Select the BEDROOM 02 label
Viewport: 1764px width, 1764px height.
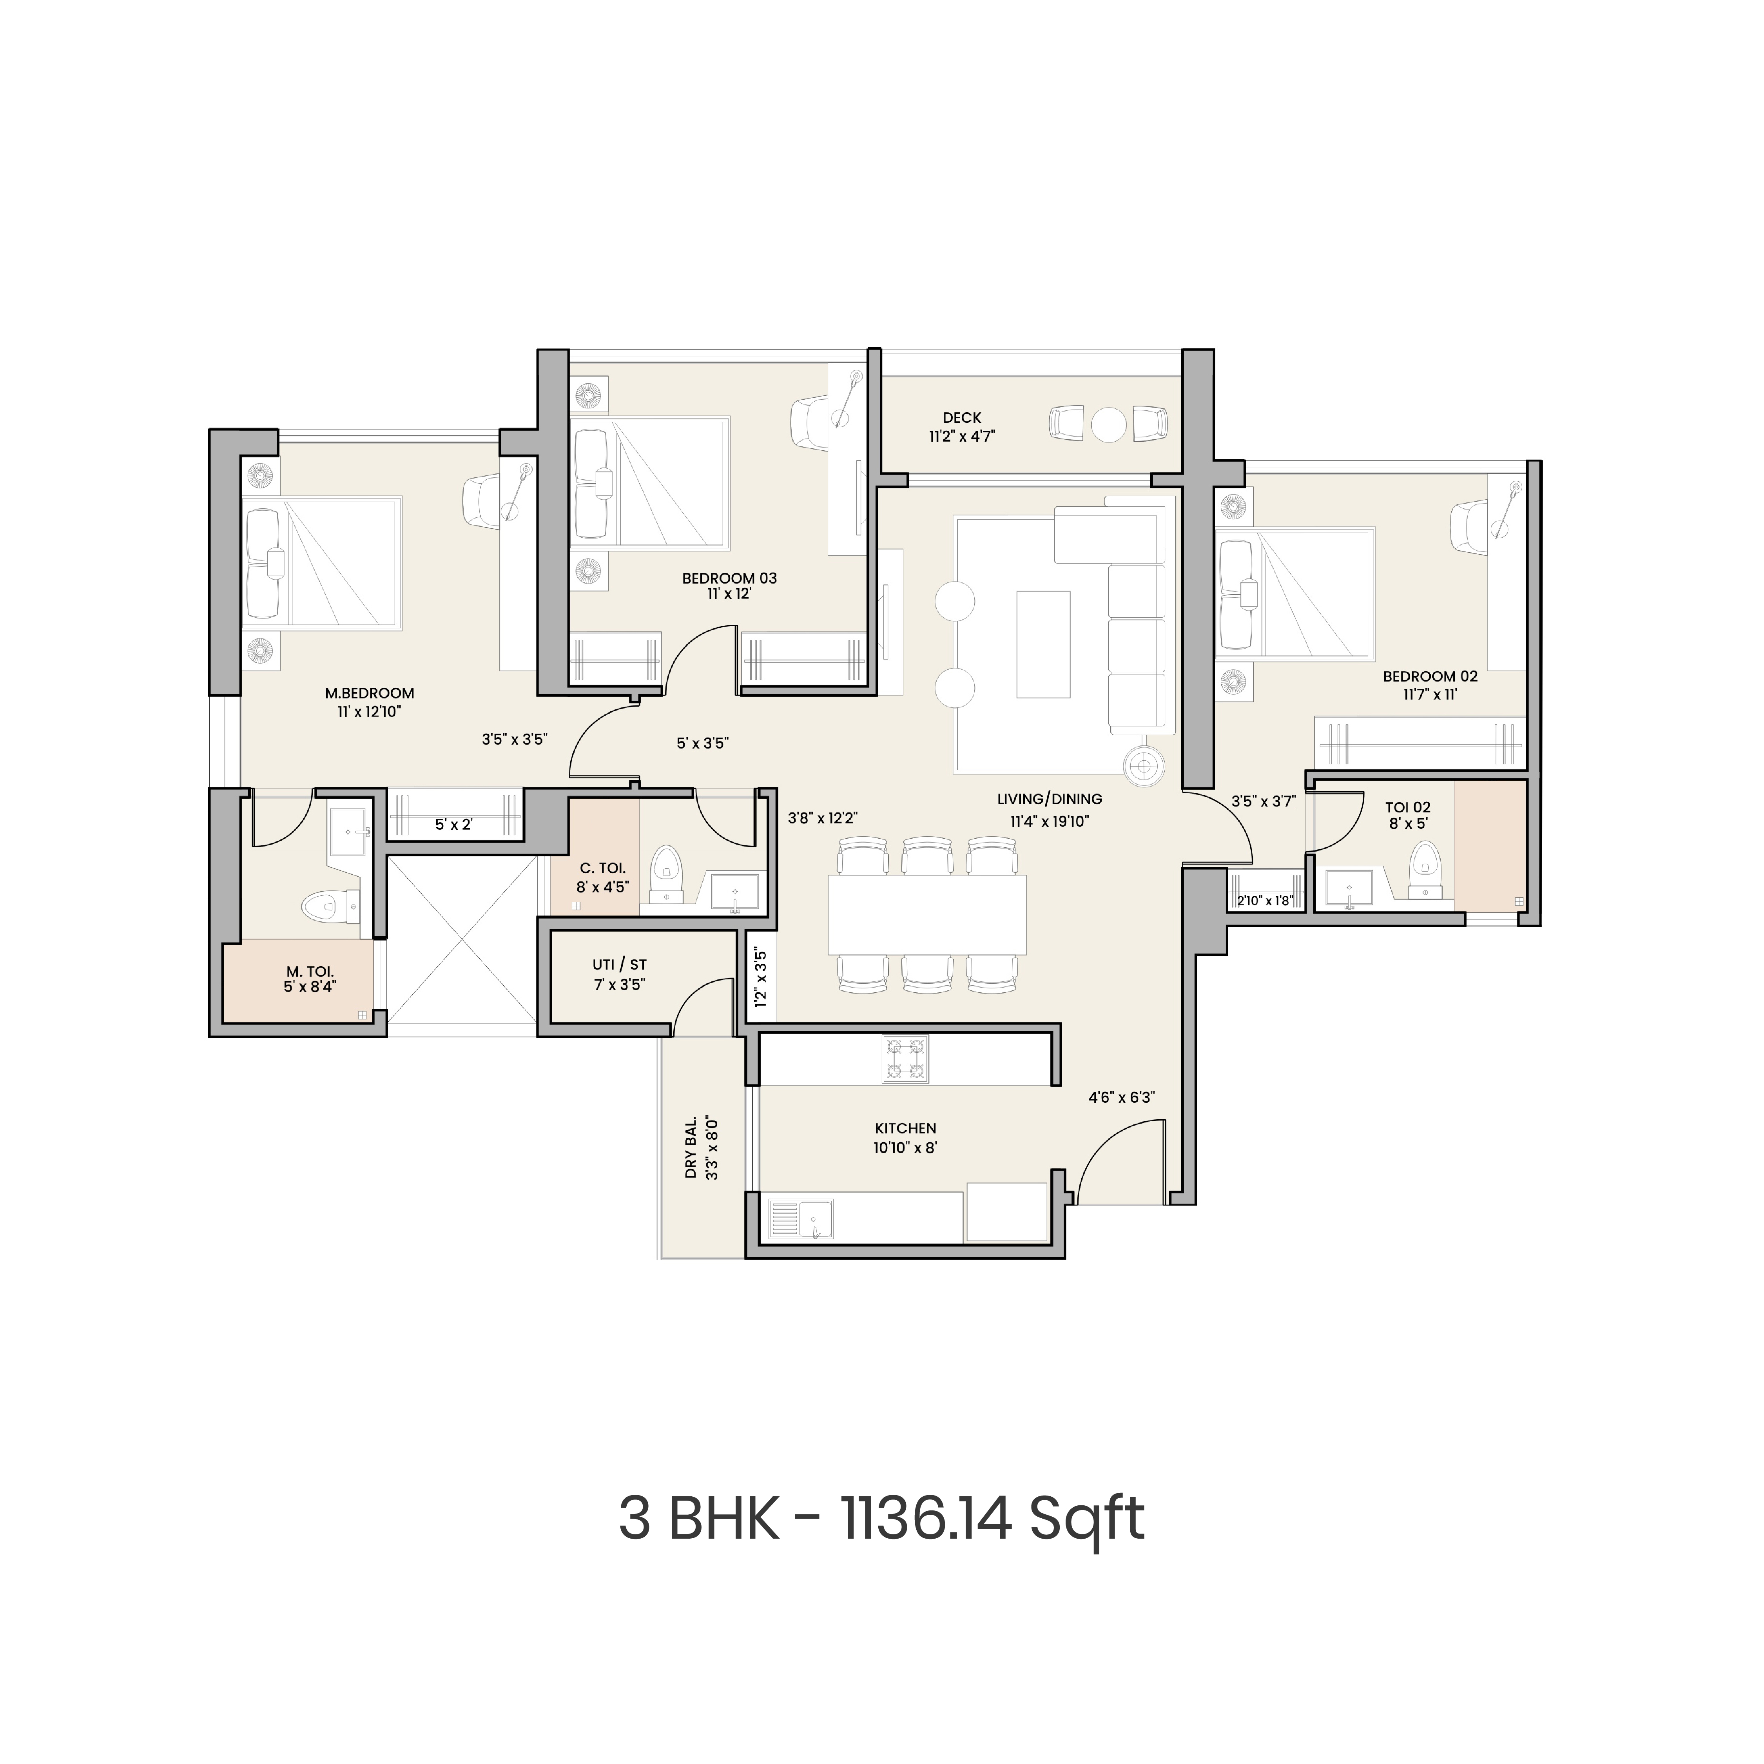1430,676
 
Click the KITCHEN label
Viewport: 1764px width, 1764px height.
905,1129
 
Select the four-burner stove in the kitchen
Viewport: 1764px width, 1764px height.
905,1059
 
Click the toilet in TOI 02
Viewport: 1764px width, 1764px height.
1425,867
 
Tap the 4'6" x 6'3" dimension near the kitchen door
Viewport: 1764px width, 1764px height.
1121,1097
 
